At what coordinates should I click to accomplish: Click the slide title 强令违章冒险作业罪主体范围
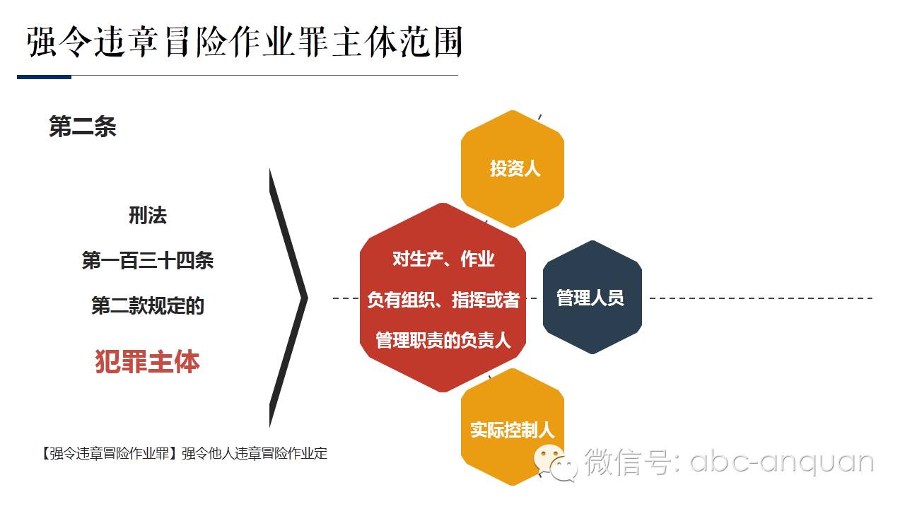[x=244, y=42]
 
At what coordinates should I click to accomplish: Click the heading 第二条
[x=82, y=127]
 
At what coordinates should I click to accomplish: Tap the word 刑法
[x=147, y=216]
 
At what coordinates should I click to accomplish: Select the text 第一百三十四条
[x=147, y=261]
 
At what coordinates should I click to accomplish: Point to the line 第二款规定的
[x=147, y=306]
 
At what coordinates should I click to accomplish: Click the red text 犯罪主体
[x=147, y=361]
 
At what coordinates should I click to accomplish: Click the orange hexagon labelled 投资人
[x=513, y=169]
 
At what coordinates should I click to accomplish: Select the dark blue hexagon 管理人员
[x=591, y=298]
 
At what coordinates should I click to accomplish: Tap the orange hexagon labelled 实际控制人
[x=512, y=429]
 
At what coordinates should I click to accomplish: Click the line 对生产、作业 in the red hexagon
[x=443, y=259]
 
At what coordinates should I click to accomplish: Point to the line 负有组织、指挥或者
[x=443, y=300]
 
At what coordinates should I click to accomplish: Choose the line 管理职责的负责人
[x=443, y=340]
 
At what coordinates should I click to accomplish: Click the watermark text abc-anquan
[x=781, y=462]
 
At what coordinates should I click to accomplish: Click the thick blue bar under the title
[x=44, y=76]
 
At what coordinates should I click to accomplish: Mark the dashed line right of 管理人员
[x=760, y=298]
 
